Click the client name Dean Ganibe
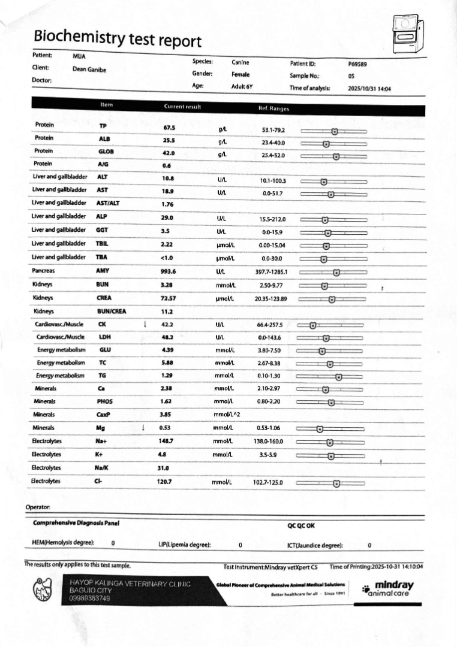pos(89,69)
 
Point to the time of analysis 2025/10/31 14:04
pos(369,89)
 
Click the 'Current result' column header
pos(182,107)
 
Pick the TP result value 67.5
pos(169,128)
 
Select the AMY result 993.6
pos(170,271)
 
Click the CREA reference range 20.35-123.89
pos(270,298)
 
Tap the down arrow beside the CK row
pos(145,324)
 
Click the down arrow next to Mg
pos(143,428)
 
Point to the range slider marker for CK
pos(312,325)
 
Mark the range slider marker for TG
pos(338,377)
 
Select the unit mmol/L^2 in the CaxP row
pos(227,414)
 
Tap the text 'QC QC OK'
pos(301,525)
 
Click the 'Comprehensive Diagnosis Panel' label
pos(76,523)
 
